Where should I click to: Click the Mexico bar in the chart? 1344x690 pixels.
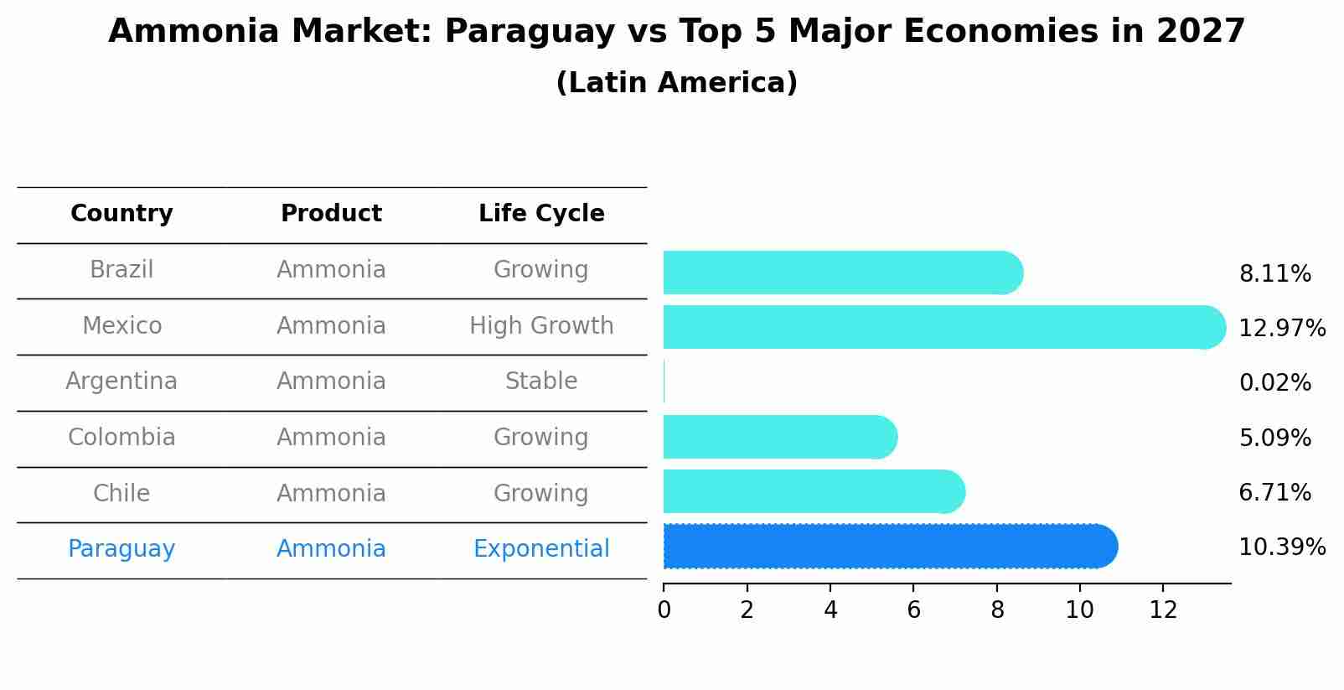(x=938, y=327)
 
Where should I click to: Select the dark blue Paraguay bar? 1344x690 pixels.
(x=888, y=547)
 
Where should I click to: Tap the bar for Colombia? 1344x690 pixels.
(x=779, y=437)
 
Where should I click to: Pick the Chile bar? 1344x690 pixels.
(x=813, y=491)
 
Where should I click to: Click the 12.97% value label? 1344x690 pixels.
(x=1281, y=328)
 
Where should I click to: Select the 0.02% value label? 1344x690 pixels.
(x=1274, y=383)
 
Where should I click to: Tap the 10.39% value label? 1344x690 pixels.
(x=1281, y=547)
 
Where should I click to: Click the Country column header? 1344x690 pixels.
(x=121, y=214)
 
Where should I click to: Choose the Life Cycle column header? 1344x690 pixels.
(x=541, y=214)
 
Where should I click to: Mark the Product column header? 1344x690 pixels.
(x=331, y=214)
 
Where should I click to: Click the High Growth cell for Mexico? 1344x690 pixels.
(x=541, y=325)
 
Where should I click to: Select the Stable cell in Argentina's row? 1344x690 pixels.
(x=541, y=381)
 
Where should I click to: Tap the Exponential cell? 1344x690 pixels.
(x=541, y=549)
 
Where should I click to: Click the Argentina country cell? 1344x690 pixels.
(x=121, y=381)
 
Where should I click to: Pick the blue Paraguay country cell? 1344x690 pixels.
(x=121, y=549)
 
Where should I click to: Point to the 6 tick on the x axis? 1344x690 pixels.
(x=913, y=610)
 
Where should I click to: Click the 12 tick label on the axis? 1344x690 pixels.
(x=1163, y=610)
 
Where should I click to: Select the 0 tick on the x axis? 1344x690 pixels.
(x=664, y=610)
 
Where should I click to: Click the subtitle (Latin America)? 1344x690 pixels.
(x=676, y=83)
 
